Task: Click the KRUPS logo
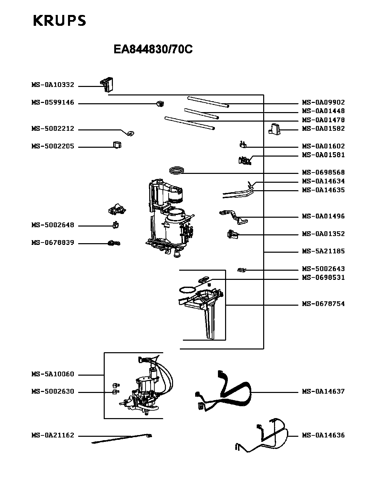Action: click(60, 20)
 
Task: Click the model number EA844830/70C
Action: click(153, 50)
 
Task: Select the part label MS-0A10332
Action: click(53, 85)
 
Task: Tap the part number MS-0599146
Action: click(53, 103)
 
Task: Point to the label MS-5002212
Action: click(53, 129)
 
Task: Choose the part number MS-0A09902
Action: click(323, 102)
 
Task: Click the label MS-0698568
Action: click(323, 173)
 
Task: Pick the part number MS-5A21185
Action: click(323, 251)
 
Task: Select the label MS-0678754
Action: click(323, 304)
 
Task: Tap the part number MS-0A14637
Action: click(323, 392)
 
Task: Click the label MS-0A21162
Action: click(53, 435)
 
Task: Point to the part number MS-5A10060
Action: click(53, 375)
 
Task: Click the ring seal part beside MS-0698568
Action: click(177, 170)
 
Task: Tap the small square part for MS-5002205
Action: click(117, 145)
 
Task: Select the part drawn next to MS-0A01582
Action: click(274, 129)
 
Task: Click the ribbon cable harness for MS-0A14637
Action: click(235, 391)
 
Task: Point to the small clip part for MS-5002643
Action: click(241, 270)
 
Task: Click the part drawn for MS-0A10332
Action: click(107, 85)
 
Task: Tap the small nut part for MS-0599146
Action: click(159, 103)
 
